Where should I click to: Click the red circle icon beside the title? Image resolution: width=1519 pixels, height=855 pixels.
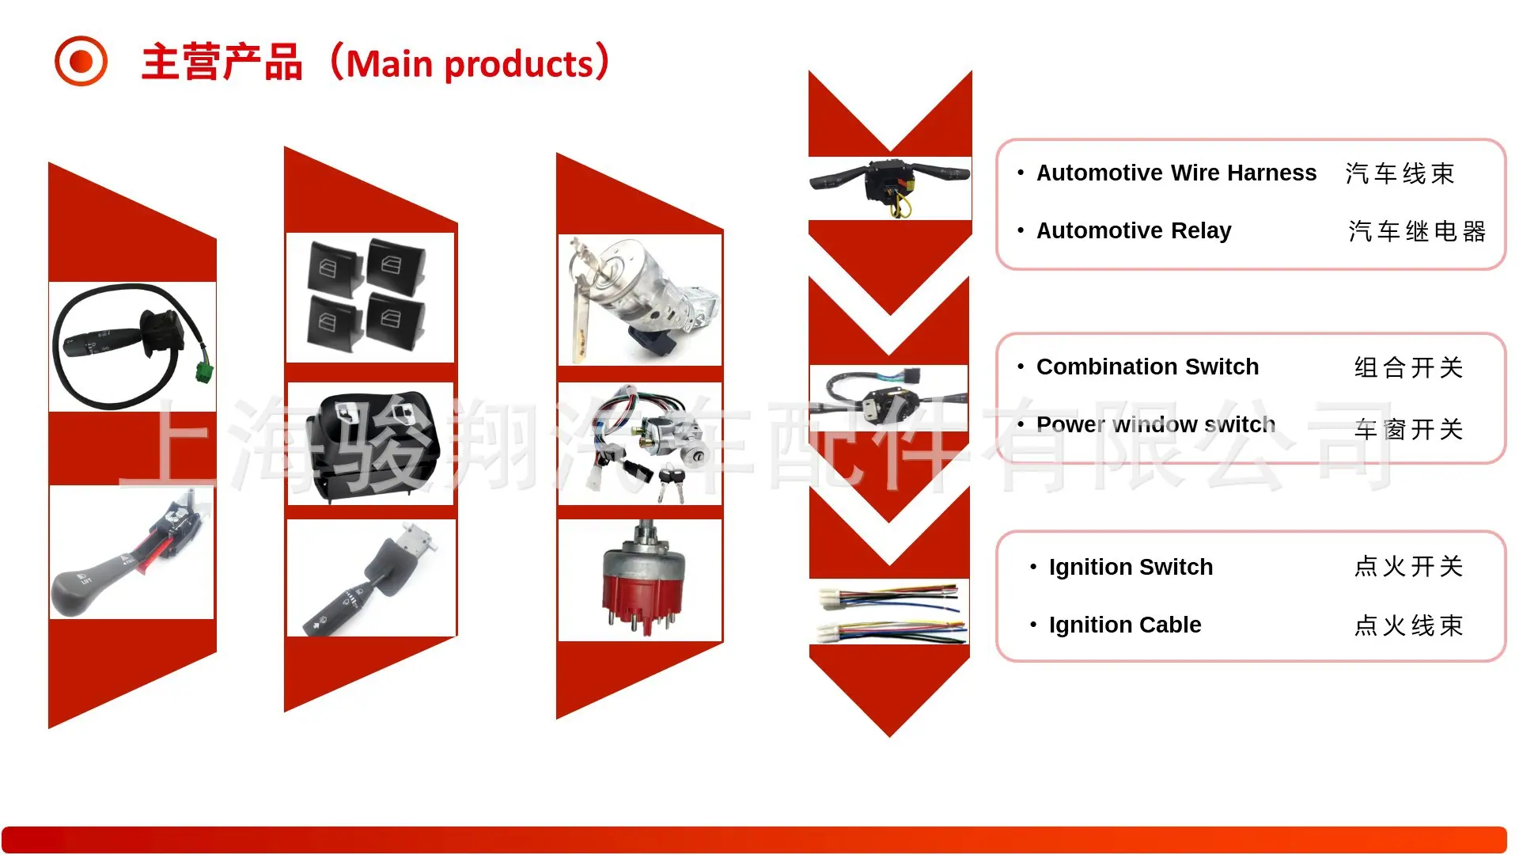pyautogui.click(x=81, y=61)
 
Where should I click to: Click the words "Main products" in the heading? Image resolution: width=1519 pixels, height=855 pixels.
pyautogui.click(x=470, y=64)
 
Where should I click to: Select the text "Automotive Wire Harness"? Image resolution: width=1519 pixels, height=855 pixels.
pyautogui.click(x=1176, y=173)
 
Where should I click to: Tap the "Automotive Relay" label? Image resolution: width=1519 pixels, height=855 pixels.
pyautogui.click(x=1134, y=230)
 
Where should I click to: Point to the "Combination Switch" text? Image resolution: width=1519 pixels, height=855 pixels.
pyautogui.click(x=1147, y=367)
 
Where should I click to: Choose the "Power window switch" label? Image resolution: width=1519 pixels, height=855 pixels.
pyautogui.click(x=1156, y=424)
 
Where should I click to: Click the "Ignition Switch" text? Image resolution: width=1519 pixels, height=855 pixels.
pyautogui.click(x=1131, y=567)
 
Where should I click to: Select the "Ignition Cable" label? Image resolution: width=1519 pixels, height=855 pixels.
pyautogui.click(x=1125, y=625)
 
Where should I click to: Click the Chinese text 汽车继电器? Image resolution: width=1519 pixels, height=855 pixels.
pyautogui.click(x=1417, y=231)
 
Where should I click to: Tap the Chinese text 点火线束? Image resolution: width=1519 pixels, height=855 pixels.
pyautogui.click(x=1409, y=625)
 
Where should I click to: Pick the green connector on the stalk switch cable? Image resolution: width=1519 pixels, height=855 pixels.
pyautogui.click(x=205, y=370)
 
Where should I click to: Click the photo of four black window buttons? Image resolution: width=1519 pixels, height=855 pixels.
pyautogui.click(x=370, y=298)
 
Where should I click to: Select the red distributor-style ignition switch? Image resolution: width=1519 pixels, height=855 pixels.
pyautogui.click(x=640, y=579)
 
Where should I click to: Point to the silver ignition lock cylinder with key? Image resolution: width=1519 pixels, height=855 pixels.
pyautogui.click(x=640, y=300)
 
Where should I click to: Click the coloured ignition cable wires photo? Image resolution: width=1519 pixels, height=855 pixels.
pyautogui.click(x=889, y=611)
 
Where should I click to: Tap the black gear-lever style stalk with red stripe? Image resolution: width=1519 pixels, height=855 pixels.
pyautogui.click(x=132, y=552)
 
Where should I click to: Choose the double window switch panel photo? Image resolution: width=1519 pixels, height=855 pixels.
pyautogui.click(x=370, y=443)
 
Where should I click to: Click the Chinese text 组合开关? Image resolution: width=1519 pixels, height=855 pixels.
pyautogui.click(x=1409, y=367)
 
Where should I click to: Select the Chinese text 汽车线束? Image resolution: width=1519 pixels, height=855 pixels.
pyautogui.click(x=1400, y=173)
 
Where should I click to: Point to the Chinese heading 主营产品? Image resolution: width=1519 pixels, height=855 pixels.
pyautogui.click(x=222, y=63)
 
